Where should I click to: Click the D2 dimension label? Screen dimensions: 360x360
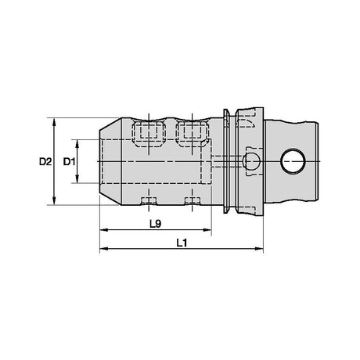pyautogui.click(x=45, y=162)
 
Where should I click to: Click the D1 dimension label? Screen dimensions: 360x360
pyautogui.click(x=69, y=162)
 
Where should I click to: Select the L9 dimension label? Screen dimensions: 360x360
pyautogui.click(x=156, y=224)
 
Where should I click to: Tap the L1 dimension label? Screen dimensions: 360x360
pyautogui.click(x=182, y=243)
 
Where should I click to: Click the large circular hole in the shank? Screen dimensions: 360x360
pyautogui.click(x=293, y=161)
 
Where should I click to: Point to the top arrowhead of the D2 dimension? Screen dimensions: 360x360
pyautogui.click(x=54, y=122)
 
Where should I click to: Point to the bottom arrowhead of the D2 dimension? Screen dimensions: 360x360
pyautogui.click(x=54, y=201)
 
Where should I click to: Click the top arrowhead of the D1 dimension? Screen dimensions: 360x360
pyautogui.click(x=77, y=143)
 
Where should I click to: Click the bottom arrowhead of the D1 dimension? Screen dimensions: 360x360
pyautogui.click(x=77, y=179)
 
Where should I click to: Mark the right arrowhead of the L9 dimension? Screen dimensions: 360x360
pyautogui.click(x=207, y=230)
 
